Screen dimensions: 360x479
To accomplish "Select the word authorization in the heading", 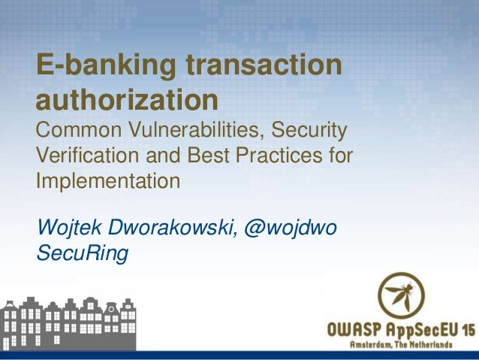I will (127, 101).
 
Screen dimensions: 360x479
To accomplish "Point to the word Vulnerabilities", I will (194, 134).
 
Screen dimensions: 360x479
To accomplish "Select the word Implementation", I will (107, 182).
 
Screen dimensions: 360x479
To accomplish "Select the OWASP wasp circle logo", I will (400, 295).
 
